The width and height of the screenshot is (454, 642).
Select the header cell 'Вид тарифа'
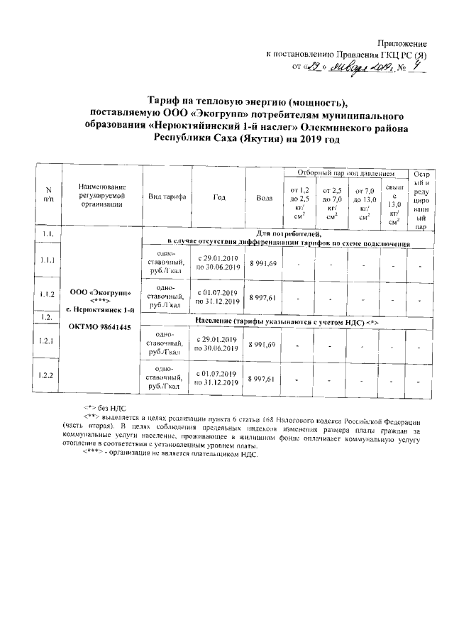tap(167, 196)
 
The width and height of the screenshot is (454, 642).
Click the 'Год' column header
tap(218, 196)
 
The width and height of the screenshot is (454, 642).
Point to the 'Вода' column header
tap(263, 197)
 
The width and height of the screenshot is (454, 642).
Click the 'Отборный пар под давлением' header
tap(343, 173)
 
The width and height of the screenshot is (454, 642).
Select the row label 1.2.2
tap(48, 374)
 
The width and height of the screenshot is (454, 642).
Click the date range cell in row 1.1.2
tap(218, 297)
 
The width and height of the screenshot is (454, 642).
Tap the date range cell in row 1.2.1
tap(218, 343)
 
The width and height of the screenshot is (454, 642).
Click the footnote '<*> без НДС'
tap(108, 409)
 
